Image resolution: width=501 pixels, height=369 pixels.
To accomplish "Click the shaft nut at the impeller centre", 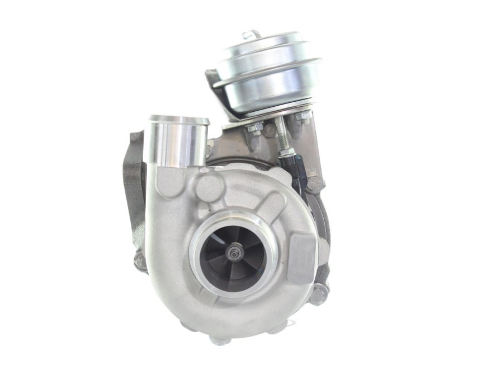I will (231, 253).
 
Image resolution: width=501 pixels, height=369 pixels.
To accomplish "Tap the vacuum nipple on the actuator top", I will (255, 35).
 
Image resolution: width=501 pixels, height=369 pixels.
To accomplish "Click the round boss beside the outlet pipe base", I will (209, 186).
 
